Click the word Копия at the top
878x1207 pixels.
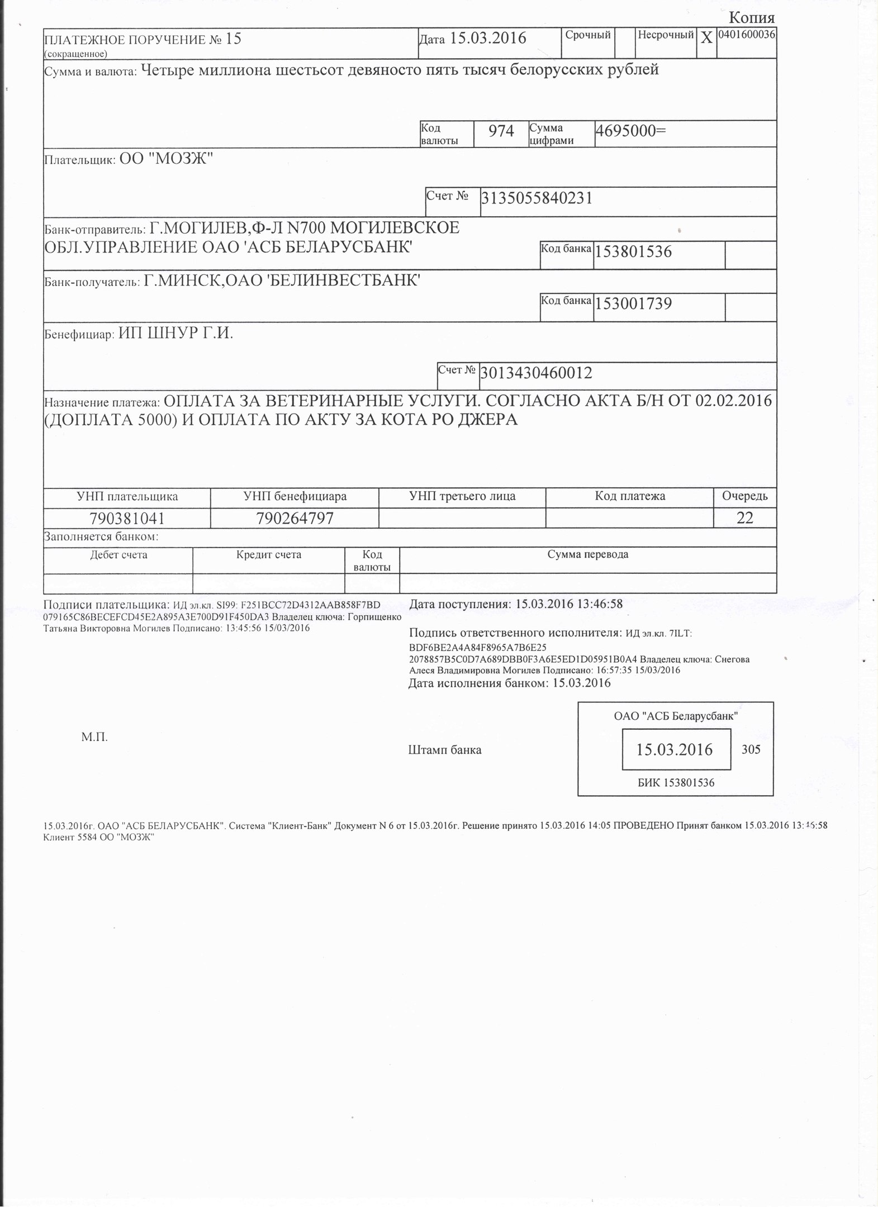(x=752, y=18)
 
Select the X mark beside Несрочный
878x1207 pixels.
(x=706, y=38)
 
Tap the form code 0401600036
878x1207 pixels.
(x=746, y=34)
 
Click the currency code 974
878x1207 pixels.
(x=501, y=131)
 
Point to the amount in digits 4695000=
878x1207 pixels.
(x=631, y=131)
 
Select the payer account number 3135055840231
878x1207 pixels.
(x=537, y=198)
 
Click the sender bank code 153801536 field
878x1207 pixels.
(x=633, y=252)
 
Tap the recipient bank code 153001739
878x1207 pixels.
(x=633, y=304)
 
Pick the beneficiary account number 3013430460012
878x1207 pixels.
(x=536, y=373)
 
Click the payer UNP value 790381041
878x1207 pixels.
(x=127, y=519)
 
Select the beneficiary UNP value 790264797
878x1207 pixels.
(x=295, y=519)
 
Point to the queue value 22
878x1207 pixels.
(x=745, y=518)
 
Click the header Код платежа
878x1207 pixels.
(x=629, y=496)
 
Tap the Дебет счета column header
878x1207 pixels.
(x=118, y=555)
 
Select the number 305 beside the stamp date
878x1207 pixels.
(x=751, y=749)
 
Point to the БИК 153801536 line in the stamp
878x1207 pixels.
(x=676, y=783)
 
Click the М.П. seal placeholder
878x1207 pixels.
(x=94, y=737)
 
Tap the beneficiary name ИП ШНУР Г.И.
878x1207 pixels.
(x=175, y=334)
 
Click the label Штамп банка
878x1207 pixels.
(x=445, y=750)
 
